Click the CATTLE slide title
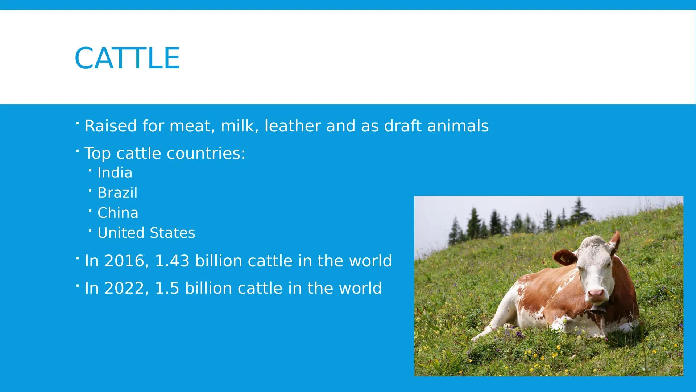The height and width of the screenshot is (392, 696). (x=127, y=58)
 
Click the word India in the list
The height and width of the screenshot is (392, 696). (x=115, y=173)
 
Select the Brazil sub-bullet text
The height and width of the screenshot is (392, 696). (x=117, y=193)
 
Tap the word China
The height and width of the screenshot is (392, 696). (x=117, y=213)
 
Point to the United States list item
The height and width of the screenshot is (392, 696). (x=146, y=233)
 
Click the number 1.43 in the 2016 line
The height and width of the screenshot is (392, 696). (x=172, y=261)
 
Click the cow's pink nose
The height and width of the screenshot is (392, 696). (x=596, y=293)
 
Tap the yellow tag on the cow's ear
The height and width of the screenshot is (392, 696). (x=564, y=258)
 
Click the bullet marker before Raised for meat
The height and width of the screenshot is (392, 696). (x=78, y=124)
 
